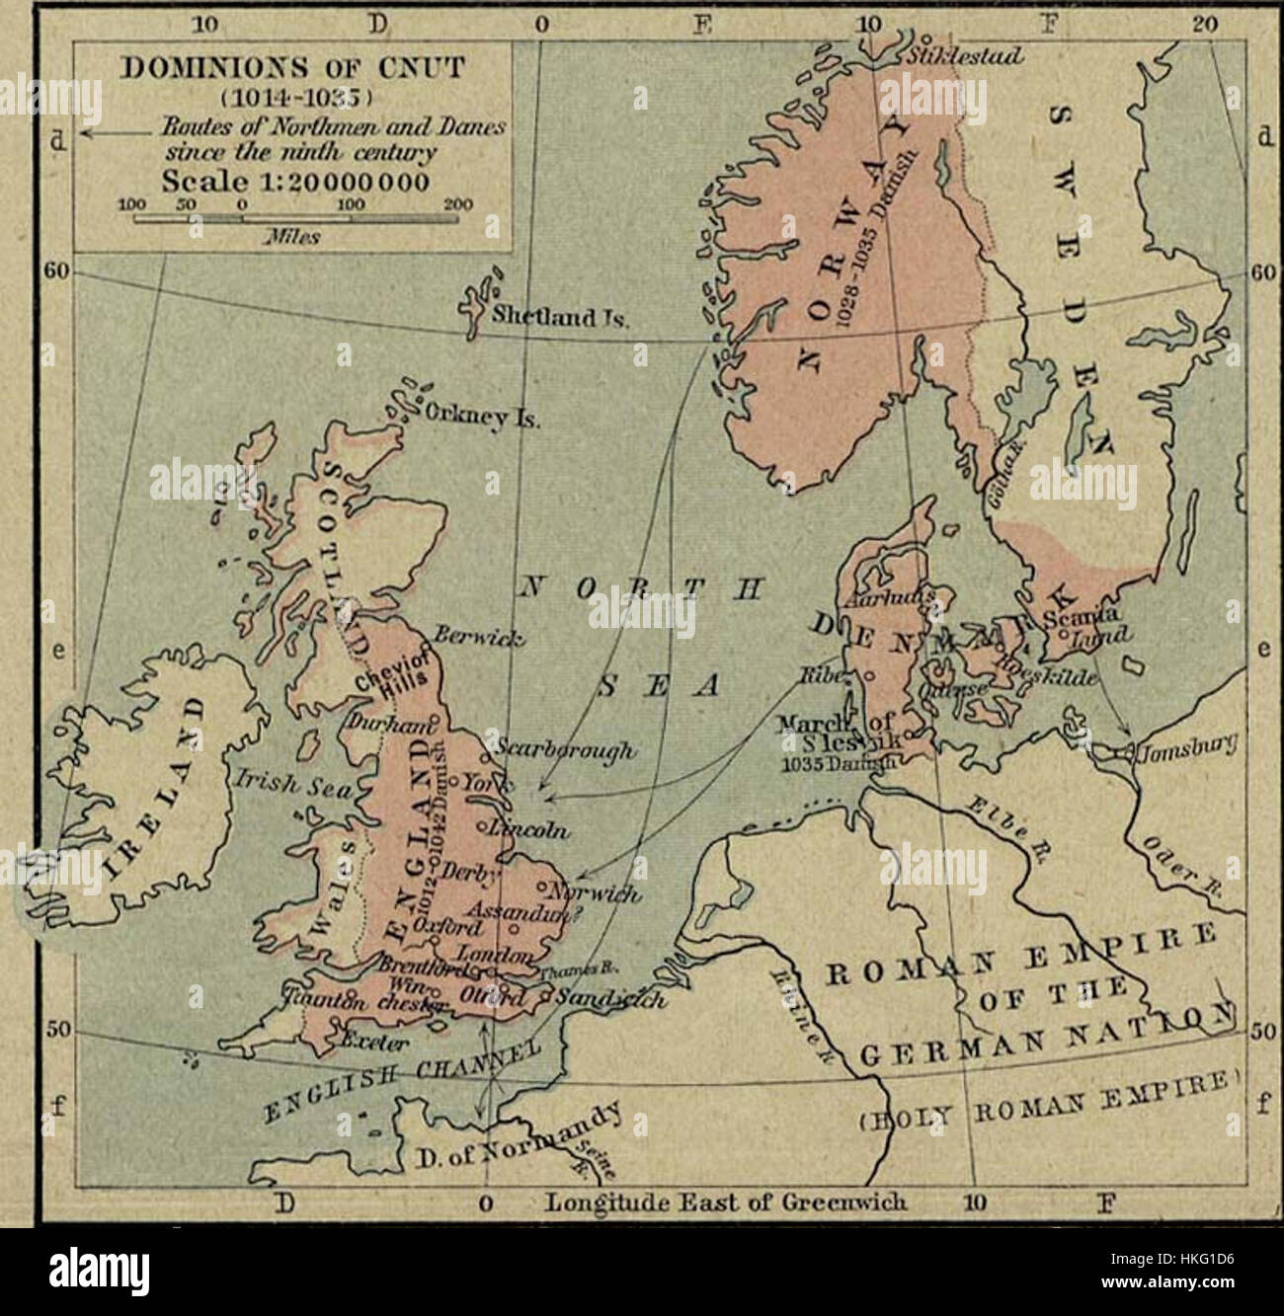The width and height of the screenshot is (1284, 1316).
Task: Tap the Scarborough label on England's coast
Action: (x=553, y=750)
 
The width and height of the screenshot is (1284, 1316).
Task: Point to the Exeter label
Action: (x=373, y=1041)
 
